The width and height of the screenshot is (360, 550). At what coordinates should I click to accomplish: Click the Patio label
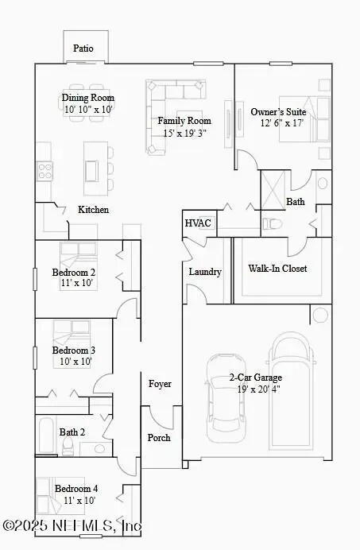pos(83,48)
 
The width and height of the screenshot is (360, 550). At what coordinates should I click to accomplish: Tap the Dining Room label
pos(87,98)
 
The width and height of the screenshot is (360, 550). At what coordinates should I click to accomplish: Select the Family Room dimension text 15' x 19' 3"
pos(183,133)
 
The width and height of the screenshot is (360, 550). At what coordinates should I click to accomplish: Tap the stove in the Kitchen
pos(44,170)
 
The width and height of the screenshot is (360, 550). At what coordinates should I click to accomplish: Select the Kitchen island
pos(92,170)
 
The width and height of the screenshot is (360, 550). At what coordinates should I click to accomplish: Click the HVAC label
pos(198,223)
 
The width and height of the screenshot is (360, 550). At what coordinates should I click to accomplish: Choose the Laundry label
pos(204,272)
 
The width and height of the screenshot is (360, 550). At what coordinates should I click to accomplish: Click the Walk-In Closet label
pos(277,269)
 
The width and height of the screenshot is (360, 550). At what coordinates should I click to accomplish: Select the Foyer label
pos(160,384)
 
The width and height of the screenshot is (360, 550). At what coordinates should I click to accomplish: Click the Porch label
pos(159,438)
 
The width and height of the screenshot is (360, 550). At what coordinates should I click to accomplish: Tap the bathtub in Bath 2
pos(47,434)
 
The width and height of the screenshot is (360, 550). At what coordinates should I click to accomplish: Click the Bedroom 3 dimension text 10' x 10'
pos(74,362)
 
